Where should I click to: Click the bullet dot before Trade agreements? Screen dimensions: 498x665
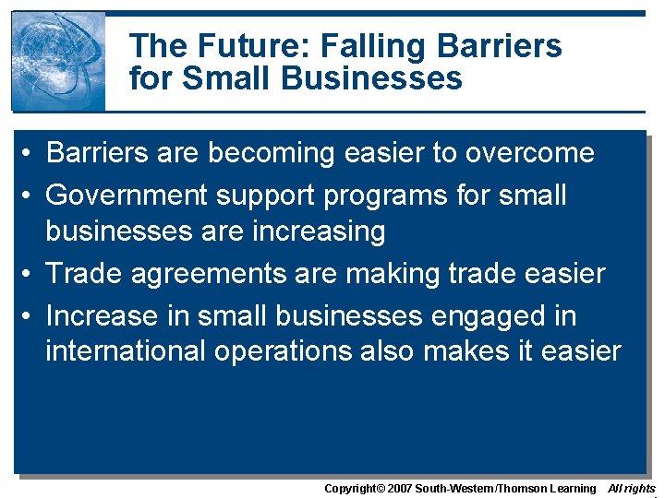(29, 274)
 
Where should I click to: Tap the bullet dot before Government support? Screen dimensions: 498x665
(29, 196)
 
